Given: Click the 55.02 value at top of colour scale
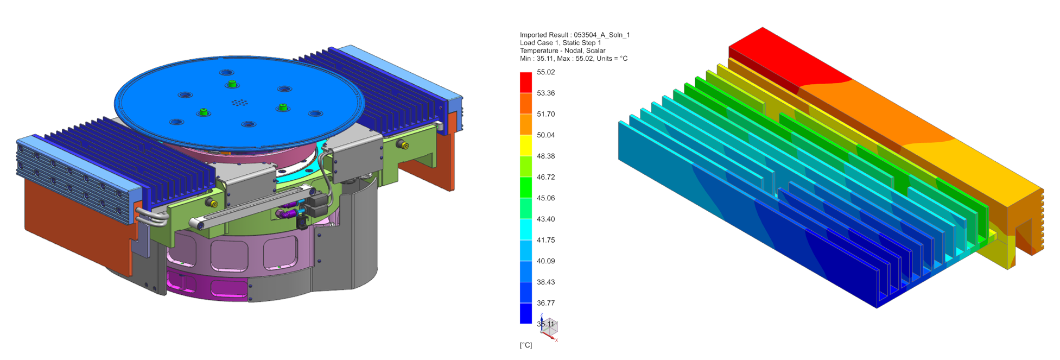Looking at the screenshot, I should [545, 72].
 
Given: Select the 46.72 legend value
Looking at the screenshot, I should [545, 177].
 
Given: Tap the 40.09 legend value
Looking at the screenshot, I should [545, 261].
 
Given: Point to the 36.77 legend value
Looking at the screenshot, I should [545, 303].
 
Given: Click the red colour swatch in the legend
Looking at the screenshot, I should [525, 82].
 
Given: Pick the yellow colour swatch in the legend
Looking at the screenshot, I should [525, 145].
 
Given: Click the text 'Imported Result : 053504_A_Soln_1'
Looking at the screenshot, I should [574, 35].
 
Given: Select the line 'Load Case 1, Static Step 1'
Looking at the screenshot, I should [560, 43].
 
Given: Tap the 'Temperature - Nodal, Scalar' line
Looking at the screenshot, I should [562, 50].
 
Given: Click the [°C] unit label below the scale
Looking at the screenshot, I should [525, 345].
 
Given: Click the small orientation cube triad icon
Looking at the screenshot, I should [549, 327].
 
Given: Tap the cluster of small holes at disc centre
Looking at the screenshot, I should [239, 102].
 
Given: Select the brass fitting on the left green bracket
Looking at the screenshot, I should [213, 204].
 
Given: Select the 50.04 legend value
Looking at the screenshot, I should [545, 135].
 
